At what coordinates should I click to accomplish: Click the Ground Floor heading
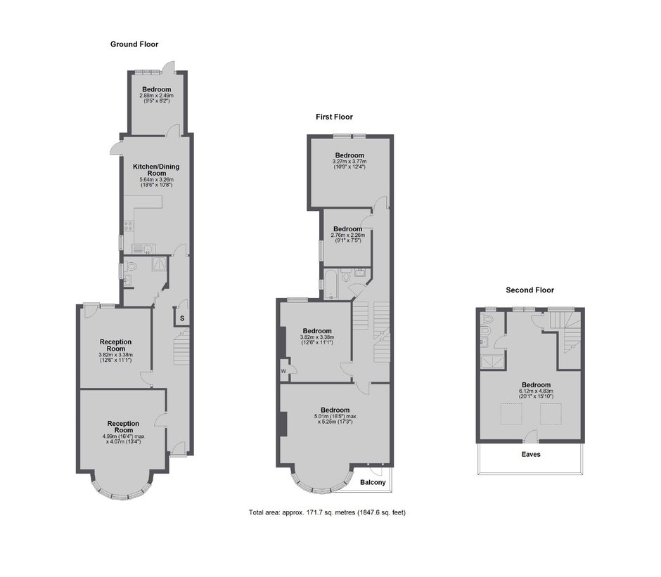tap(134, 44)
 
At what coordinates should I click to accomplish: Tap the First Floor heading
tap(334, 117)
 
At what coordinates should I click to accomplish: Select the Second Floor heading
tap(530, 290)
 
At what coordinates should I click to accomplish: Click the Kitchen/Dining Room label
tap(156, 170)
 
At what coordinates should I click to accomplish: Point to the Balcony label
tap(373, 482)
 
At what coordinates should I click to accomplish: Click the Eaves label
tap(531, 454)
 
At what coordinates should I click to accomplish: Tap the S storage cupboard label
tap(182, 318)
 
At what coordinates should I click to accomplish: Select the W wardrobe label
tap(283, 371)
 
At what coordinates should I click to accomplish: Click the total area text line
tap(327, 512)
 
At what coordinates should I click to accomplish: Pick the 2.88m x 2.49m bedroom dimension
tap(156, 96)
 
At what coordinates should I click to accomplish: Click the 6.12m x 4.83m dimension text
tap(537, 391)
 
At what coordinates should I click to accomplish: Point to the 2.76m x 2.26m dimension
tap(348, 235)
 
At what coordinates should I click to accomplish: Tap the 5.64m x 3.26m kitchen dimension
tap(156, 179)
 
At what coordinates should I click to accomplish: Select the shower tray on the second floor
tap(492, 363)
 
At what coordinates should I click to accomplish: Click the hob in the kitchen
tap(129, 226)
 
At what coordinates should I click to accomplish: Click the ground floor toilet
tap(130, 266)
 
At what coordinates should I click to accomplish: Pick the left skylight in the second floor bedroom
tap(511, 414)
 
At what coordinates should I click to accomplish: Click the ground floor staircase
tap(181, 346)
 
